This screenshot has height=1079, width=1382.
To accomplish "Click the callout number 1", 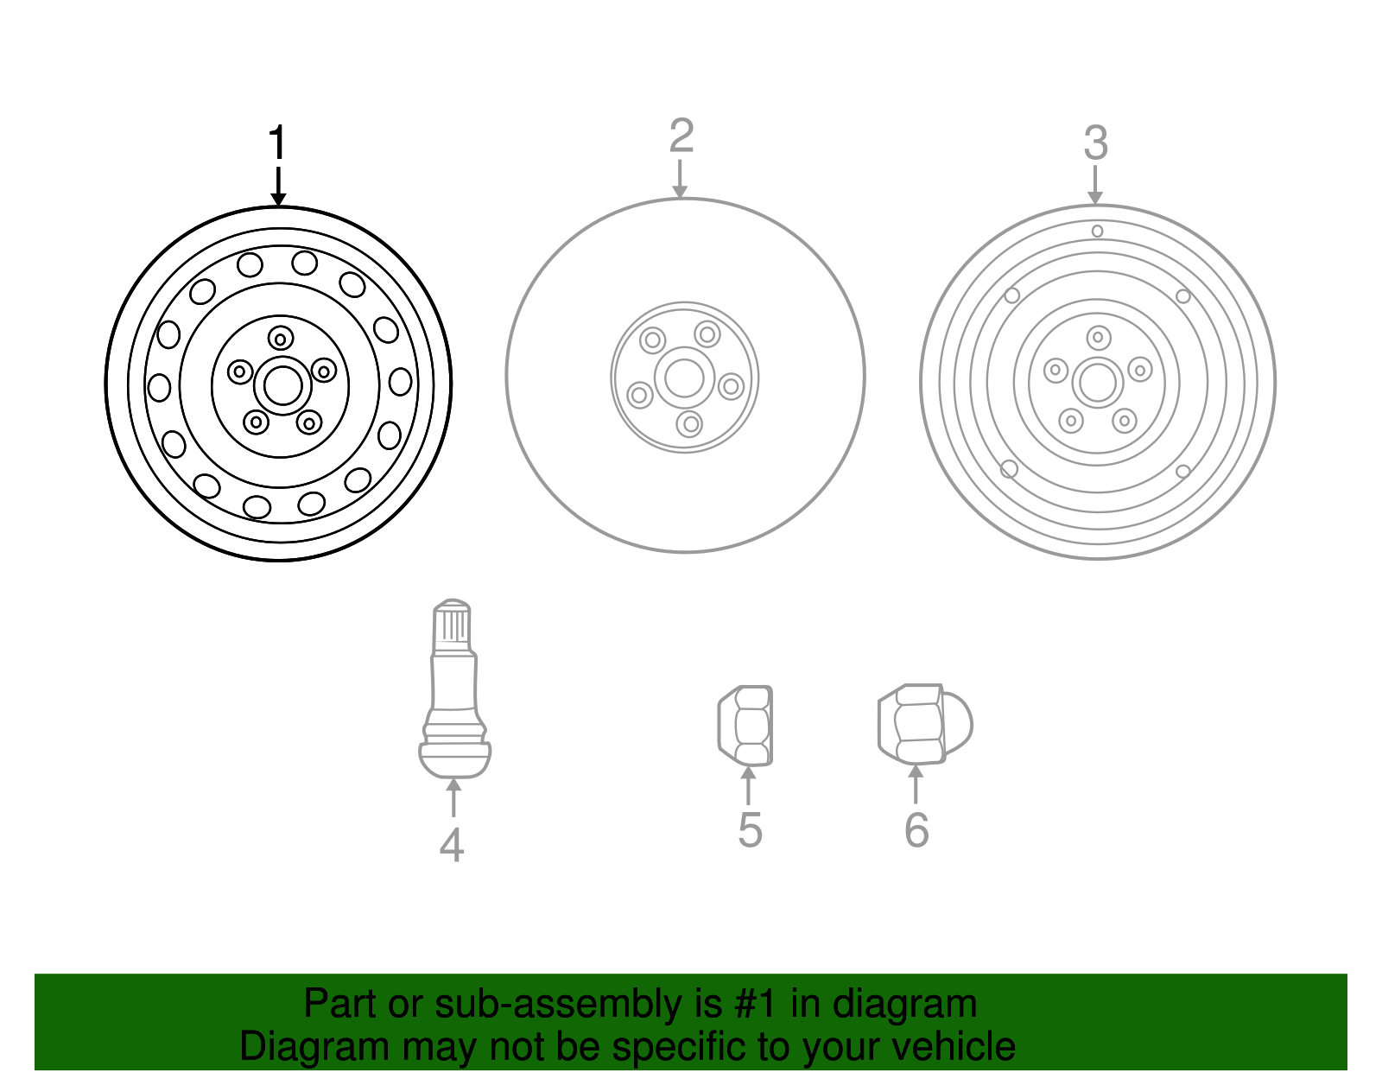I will click(x=276, y=143).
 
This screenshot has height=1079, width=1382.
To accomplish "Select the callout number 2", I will click(x=681, y=136).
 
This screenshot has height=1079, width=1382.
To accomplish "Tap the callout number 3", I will click(x=1095, y=143).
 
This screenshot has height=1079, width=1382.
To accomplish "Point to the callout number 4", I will click(x=452, y=845).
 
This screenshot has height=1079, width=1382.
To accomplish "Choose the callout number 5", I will click(x=750, y=830).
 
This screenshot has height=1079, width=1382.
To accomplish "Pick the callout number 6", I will click(x=916, y=830).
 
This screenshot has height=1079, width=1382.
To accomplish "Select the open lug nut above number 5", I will click(x=745, y=726).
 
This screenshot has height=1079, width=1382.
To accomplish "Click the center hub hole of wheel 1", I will click(x=282, y=385).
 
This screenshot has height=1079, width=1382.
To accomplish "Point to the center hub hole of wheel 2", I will click(x=684, y=377).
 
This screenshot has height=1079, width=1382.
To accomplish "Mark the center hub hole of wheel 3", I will click(x=1098, y=383).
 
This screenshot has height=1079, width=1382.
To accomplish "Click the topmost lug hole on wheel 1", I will click(x=281, y=339).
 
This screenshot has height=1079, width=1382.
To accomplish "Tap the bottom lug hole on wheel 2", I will click(x=689, y=424).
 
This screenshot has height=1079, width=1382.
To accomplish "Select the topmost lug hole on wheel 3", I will click(x=1099, y=337).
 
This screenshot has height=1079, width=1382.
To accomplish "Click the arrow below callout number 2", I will click(x=681, y=179).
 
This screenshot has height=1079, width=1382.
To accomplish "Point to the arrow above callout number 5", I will click(x=749, y=785).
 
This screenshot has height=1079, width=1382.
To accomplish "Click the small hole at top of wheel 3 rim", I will click(x=1097, y=231).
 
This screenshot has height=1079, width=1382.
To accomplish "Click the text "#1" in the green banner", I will click(x=757, y=1005).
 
